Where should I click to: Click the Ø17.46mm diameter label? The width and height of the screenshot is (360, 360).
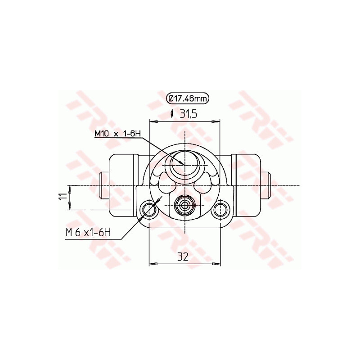(x=188, y=98)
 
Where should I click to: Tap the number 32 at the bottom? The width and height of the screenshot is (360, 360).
(x=182, y=257)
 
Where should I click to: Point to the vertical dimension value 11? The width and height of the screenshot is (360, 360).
(x=64, y=196)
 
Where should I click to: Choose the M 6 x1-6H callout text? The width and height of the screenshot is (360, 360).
(x=88, y=233)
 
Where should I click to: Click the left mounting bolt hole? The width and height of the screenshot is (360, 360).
(x=148, y=208)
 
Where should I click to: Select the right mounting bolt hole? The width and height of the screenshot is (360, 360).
(x=220, y=208)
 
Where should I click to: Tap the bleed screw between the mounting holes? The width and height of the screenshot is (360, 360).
(x=184, y=206)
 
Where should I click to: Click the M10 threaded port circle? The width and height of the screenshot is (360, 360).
(x=184, y=160)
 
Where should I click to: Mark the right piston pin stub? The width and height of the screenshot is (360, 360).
(x=265, y=185)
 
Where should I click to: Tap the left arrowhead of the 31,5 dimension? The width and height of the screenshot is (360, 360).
(x=152, y=121)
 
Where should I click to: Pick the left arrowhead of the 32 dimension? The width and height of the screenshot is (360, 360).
(x=152, y=264)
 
